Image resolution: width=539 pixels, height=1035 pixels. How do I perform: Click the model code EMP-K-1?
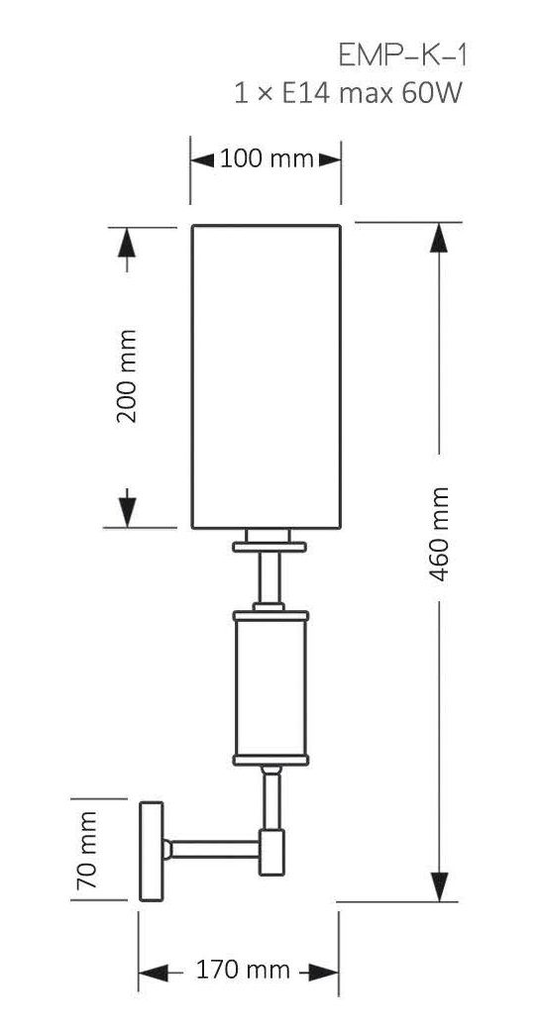click(403, 56)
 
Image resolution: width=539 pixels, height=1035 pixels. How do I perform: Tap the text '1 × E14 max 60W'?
click(348, 94)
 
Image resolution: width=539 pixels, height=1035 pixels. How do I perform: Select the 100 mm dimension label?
click(267, 159)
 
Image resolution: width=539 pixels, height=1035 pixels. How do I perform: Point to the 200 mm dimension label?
click(126, 376)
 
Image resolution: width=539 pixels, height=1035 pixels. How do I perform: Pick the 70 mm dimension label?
click(87, 850)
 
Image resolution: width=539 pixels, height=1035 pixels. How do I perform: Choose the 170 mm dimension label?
click(243, 970)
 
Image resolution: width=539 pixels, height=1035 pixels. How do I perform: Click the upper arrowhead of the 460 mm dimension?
click(439, 238)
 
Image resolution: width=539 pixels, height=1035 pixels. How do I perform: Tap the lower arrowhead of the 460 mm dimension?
click(439, 886)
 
